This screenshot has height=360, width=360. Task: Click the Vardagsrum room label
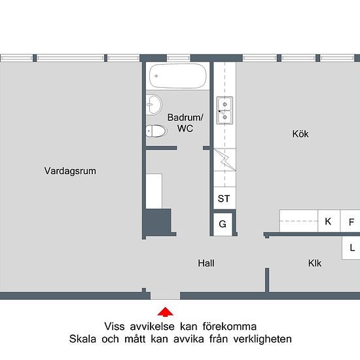click(x=70, y=171)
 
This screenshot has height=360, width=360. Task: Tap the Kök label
click(x=300, y=134)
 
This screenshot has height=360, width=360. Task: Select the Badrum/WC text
click(x=185, y=123)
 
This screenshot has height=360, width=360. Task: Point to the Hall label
click(x=206, y=263)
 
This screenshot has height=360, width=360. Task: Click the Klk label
click(x=315, y=263)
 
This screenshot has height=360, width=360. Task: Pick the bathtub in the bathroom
click(x=177, y=76)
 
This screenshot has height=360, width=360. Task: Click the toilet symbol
click(x=156, y=131)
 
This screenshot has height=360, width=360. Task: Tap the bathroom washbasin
click(x=154, y=105)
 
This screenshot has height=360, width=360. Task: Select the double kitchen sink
click(x=225, y=111)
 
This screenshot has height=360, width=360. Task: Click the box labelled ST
click(x=225, y=198)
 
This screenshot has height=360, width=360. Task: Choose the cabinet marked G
click(x=223, y=224)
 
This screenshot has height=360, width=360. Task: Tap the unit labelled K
click(x=329, y=221)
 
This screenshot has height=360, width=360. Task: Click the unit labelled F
click(x=350, y=221)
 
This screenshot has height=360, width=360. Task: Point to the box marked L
click(x=351, y=248)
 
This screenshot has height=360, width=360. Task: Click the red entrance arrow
click(x=166, y=312)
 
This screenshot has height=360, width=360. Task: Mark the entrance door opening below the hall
click(x=166, y=296)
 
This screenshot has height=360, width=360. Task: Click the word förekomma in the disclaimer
click(x=229, y=327)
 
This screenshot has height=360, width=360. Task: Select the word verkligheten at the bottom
click(x=262, y=339)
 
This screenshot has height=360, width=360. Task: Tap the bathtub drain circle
click(x=156, y=76)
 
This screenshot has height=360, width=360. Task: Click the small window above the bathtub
click(x=179, y=58)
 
